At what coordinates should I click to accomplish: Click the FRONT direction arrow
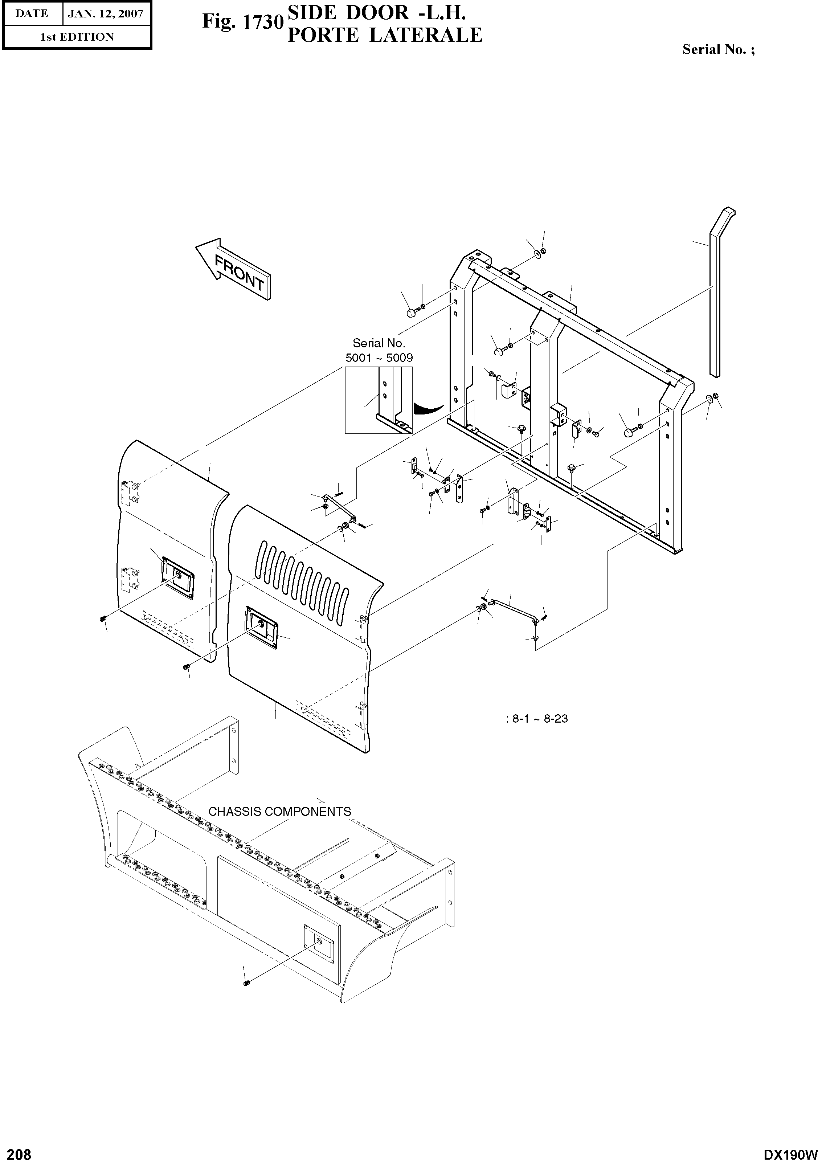pyautogui.click(x=233, y=268)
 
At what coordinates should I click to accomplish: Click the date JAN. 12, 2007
pyautogui.click(x=106, y=14)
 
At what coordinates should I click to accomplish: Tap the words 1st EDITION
pyautogui.click(x=77, y=37)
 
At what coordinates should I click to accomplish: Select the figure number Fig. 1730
pyautogui.click(x=241, y=22)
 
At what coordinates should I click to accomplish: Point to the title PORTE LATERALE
pyautogui.click(x=385, y=35)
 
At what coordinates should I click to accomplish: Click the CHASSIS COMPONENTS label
pyautogui.click(x=280, y=812)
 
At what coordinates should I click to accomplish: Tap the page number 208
pyautogui.click(x=16, y=1150)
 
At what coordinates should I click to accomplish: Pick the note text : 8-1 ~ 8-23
pyautogui.click(x=537, y=718)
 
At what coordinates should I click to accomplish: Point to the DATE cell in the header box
pyautogui.click(x=32, y=14)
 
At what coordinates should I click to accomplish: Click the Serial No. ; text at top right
pyautogui.click(x=719, y=49)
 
